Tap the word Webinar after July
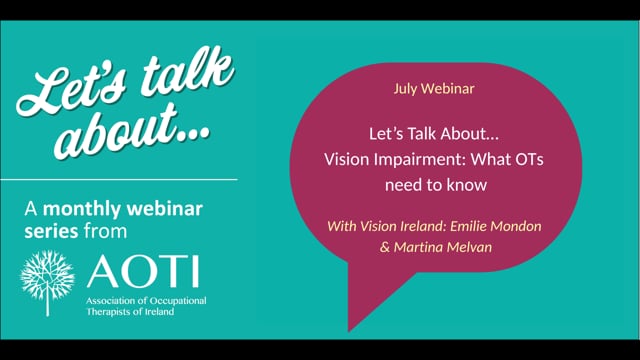click(448, 89)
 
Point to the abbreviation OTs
click(529, 159)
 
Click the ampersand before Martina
click(385, 247)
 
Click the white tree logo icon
click(47, 282)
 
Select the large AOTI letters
click(143, 271)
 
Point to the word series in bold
click(51, 231)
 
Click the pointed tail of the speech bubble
click(349, 330)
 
